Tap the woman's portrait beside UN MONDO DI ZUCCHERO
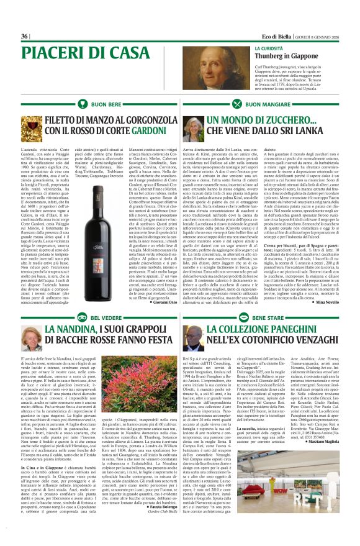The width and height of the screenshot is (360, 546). coord(191,129)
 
